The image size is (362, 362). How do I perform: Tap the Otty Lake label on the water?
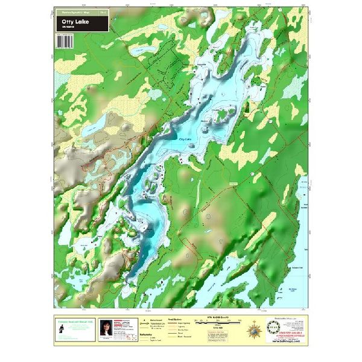185,138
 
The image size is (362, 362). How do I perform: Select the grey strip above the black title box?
81,11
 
